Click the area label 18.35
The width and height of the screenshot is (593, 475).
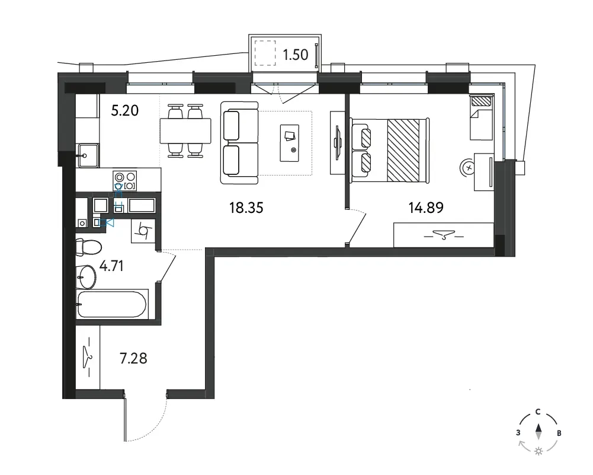click(246, 208)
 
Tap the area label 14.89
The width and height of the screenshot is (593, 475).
click(426, 208)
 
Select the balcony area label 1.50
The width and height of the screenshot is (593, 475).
click(296, 55)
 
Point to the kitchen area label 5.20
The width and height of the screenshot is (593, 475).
click(125, 110)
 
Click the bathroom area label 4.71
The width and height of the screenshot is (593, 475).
click(111, 266)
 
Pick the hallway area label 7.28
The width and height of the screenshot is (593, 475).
click(133, 358)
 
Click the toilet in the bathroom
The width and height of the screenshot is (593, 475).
click(88, 247)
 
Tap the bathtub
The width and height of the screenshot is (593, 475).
click(111, 305)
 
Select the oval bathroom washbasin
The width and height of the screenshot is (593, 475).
click(86, 277)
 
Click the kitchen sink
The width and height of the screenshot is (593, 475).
click(88, 155)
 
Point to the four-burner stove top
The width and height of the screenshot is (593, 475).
click(125, 180)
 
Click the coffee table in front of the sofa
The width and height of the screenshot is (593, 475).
click(289, 143)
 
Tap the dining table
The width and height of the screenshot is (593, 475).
click(185, 130)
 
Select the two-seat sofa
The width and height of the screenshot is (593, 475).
click(239, 143)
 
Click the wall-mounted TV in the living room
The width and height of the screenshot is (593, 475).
click(337, 143)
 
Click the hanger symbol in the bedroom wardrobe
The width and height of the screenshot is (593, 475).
click(444, 235)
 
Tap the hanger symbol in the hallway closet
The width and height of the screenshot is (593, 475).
click(88, 358)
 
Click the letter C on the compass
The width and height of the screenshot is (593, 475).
click(538, 412)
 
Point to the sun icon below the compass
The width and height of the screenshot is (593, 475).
click(538, 451)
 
